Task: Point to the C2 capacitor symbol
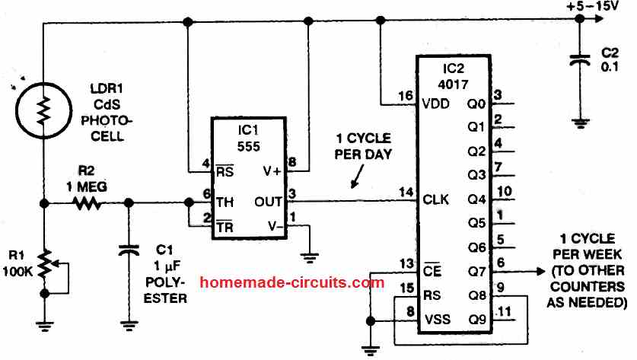tap(581, 59)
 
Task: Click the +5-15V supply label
tap(593, 7)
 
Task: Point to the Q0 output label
tap(477, 104)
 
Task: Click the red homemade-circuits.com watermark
tap(291, 282)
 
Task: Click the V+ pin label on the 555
tap(272, 171)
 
